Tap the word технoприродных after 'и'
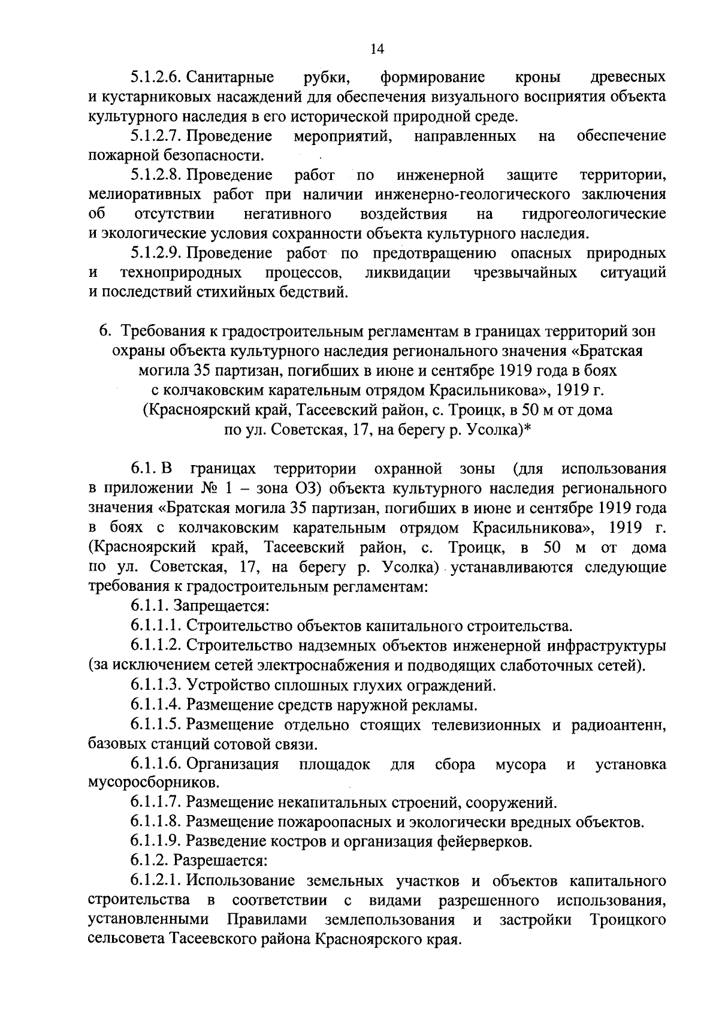pyautogui.click(x=181, y=273)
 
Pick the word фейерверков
pyautogui.click(x=483, y=842)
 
